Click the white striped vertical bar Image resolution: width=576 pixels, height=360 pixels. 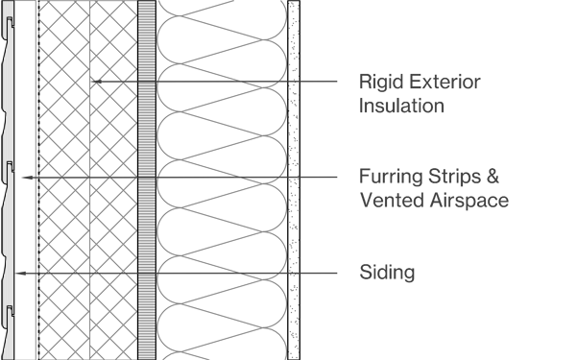147,180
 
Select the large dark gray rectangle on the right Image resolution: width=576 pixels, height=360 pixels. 411,180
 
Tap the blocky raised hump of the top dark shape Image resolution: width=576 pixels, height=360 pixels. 257,69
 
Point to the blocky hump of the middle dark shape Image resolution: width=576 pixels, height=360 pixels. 257,165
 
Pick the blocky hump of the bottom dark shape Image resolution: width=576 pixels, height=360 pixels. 257,261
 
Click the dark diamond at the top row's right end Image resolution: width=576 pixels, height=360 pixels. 305,84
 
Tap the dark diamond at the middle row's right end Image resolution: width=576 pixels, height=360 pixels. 305,180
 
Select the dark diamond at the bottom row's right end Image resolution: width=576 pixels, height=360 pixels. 305,276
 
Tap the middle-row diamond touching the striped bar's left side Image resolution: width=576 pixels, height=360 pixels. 125,177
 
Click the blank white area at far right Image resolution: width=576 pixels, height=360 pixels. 542,180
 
